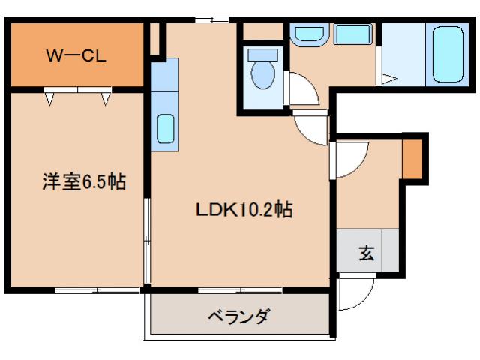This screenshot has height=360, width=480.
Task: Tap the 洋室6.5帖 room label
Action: click(82, 181)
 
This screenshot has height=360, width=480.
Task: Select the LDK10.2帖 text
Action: click(244, 210)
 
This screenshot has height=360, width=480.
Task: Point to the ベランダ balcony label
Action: click(238, 316)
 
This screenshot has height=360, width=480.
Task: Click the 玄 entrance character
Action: click(365, 253)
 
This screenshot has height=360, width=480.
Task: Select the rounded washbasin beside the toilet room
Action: click(307, 34)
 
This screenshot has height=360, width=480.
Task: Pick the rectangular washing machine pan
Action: click(352, 34)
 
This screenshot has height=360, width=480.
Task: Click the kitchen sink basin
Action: click(165, 128)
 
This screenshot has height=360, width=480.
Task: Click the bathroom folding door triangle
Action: click(388, 78)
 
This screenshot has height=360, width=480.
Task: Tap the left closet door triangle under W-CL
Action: click(50, 97)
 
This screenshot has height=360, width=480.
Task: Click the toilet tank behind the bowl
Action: click(262, 55)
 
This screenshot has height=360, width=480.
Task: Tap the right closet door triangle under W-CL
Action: click(106, 97)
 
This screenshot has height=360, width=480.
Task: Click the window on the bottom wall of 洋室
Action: click(97, 289)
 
